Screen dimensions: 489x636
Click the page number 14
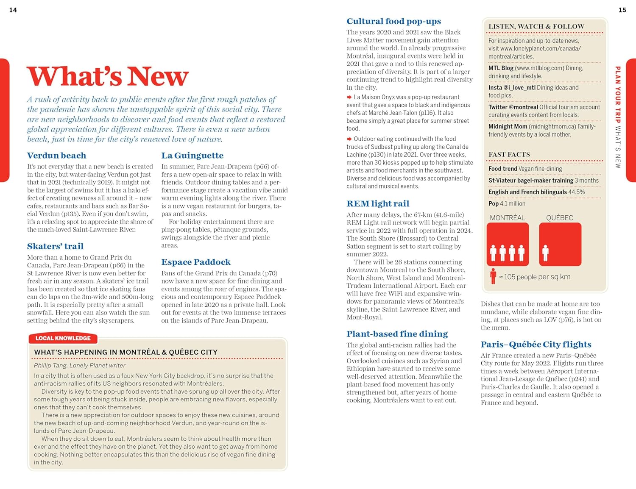(x=13, y=10)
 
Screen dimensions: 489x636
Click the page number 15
(x=622, y=10)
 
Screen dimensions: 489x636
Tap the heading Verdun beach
(x=56, y=156)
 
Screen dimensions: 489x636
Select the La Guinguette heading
(x=192, y=156)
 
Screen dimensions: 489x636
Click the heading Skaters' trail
(x=55, y=246)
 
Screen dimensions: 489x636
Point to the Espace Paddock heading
(x=196, y=262)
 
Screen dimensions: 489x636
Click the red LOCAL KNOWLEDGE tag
(x=63, y=338)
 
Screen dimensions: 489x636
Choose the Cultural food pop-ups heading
(x=393, y=21)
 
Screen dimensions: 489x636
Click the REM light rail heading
(x=378, y=204)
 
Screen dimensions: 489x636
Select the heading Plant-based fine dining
(x=397, y=334)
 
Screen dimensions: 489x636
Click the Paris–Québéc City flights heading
(x=536, y=345)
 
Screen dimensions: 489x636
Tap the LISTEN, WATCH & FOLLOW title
(x=536, y=26)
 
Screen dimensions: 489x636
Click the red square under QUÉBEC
(x=560, y=244)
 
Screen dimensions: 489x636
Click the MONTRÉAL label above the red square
(x=507, y=218)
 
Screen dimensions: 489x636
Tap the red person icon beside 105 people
(x=493, y=276)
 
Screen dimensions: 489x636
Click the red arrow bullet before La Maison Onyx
(x=349, y=97)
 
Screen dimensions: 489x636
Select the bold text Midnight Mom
(x=508, y=126)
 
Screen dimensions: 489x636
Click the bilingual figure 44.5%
(x=576, y=192)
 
